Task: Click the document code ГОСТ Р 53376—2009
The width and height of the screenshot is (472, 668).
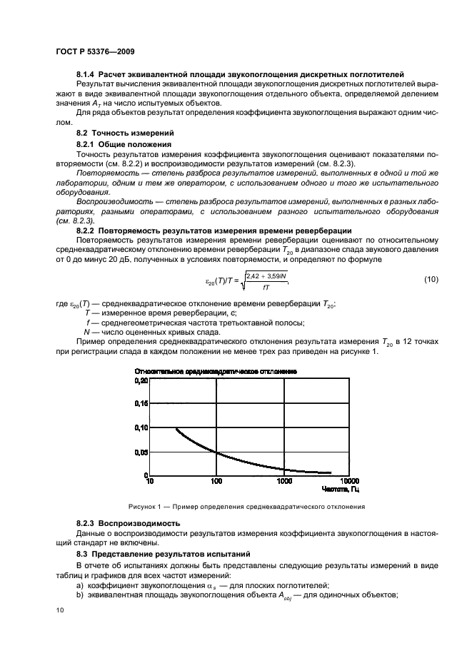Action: click(x=95, y=52)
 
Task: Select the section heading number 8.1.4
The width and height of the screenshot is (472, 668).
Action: click(x=86, y=74)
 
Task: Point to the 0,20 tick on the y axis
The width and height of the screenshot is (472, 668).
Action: click(x=142, y=381)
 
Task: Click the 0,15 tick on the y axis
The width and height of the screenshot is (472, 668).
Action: click(x=142, y=404)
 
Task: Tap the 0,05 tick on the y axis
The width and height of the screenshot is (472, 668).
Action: click(x=142, y=452)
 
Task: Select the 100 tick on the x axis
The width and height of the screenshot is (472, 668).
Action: click(x=217, y=482)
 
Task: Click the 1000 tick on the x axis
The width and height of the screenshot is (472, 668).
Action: click(x=284, y=482)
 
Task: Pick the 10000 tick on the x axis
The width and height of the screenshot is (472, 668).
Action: click(x=350, y=482)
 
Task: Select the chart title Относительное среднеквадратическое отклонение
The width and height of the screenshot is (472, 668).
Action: click(x=216, y=371)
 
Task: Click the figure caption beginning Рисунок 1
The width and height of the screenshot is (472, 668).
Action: click(x=246, y=507)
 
